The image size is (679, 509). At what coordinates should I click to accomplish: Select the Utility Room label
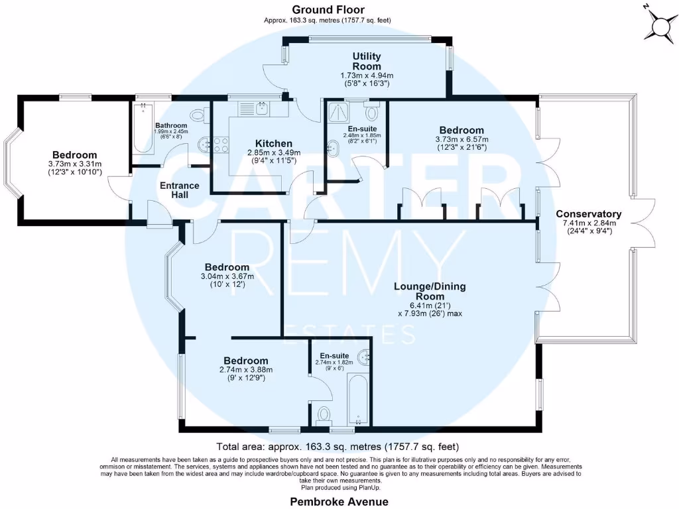pyautogui.click(x=366, y=62)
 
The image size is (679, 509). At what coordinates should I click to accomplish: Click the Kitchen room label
pyautogui.click(x=274, y=143)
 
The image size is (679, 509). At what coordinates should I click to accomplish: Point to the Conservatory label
pyautogui.click(x=588, y=214)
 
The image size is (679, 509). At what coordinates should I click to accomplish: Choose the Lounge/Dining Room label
pyautogui.click(x=430, y=291)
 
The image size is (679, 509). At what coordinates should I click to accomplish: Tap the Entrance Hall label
pyautogui.click(x=179, y=190)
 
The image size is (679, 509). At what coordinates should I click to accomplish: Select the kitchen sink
pyautogui.click(x=263, y=107)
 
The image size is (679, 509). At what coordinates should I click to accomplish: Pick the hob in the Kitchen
pyautogui.click(x=220, y=142)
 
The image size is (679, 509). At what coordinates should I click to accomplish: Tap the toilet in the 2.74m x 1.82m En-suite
pyautogui.click(x=324, y=415)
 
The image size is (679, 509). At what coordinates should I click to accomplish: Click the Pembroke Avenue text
pyautogui.click(x=339, y=502)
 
